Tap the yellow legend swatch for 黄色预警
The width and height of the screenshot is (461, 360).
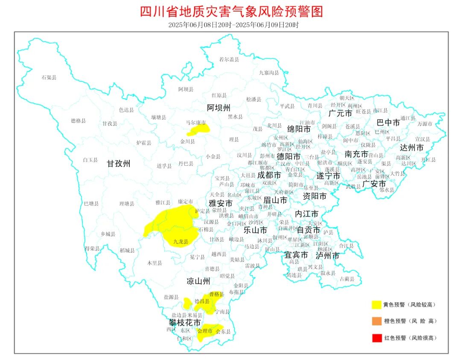click(376, 304)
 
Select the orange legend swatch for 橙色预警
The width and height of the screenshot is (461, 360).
click(376, 321)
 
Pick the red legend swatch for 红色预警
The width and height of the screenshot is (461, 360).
click(376, 338)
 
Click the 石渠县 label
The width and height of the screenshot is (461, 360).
click(49, 77)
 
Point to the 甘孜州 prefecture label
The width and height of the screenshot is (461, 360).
click(118, 163)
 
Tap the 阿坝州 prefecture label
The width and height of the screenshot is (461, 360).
click(219, 107)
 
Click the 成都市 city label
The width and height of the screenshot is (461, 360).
click(269, 175)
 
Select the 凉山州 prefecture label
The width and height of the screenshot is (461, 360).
click(198, 281)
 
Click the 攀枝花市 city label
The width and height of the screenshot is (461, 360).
click(184, 322)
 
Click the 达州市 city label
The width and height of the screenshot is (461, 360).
click(411, 148)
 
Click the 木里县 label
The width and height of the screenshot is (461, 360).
click(155, 263)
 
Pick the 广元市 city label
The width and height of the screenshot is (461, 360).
click(340, 113)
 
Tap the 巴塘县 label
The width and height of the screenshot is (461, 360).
click(91, 203)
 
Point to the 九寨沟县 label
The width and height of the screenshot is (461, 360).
click(269, 73)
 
